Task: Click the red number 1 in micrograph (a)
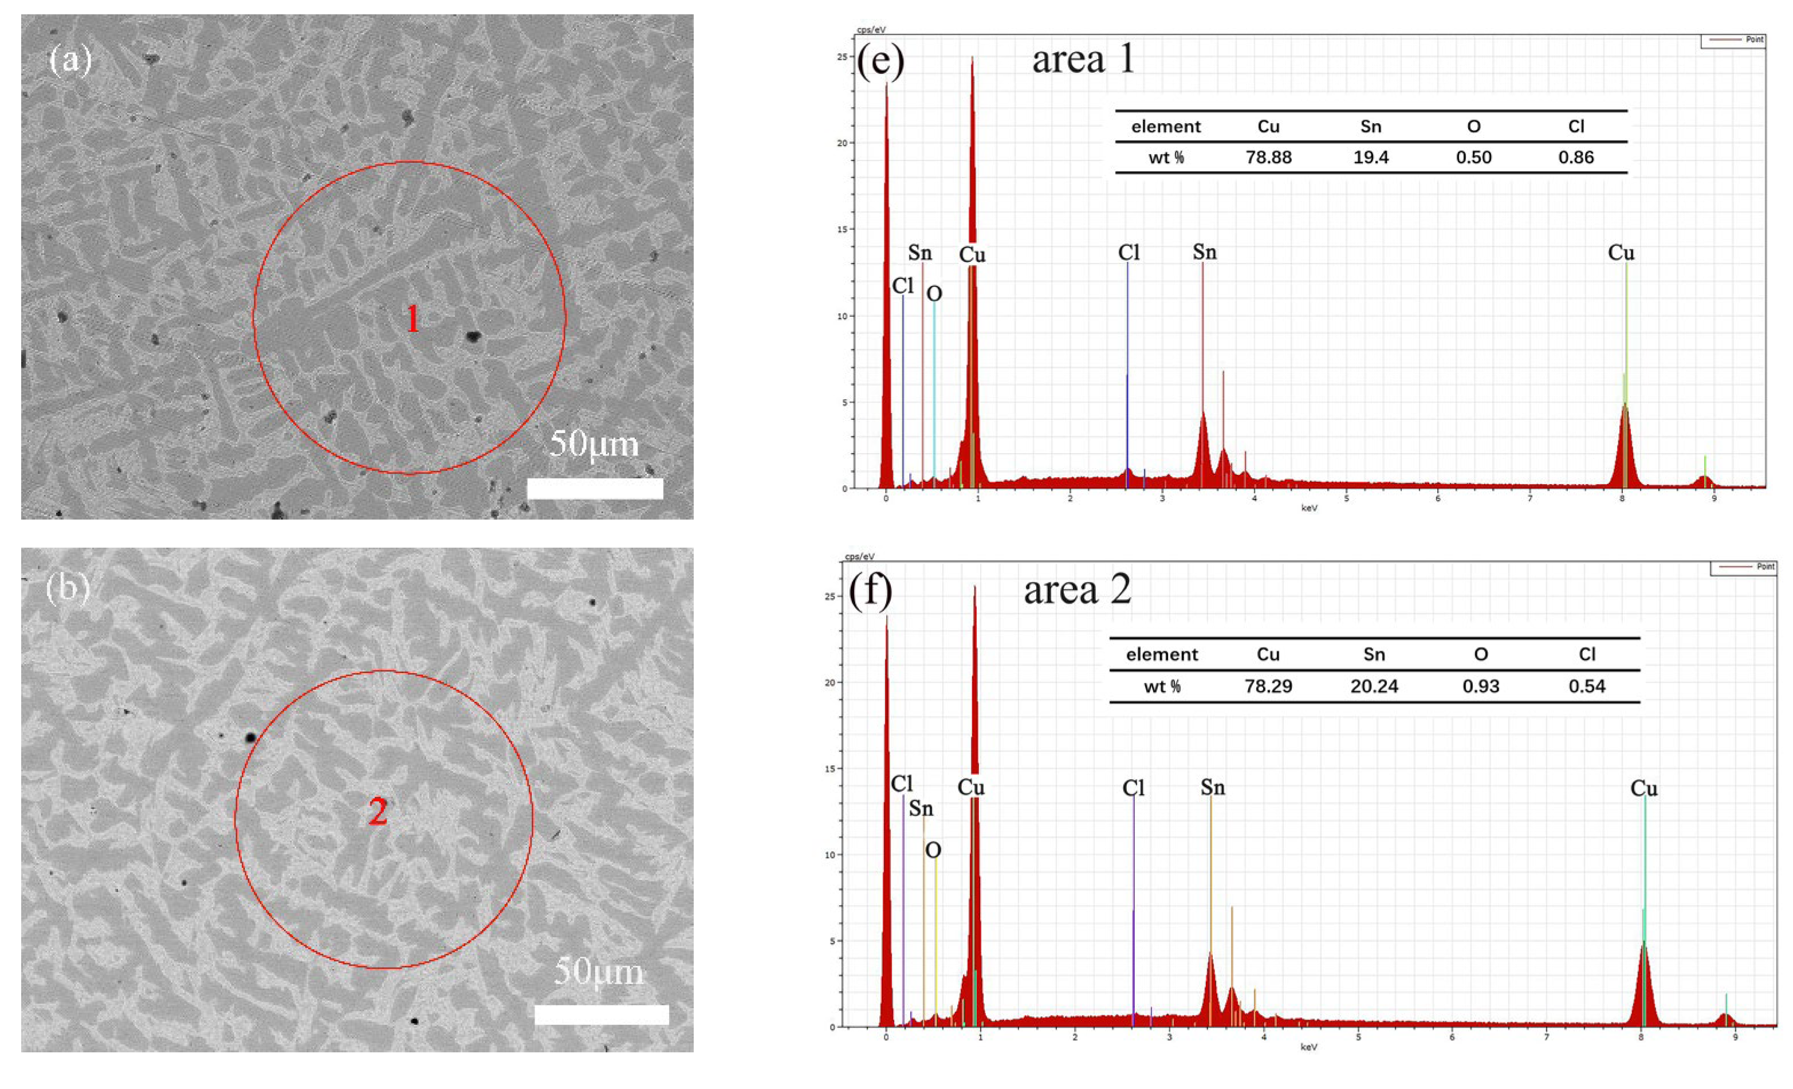(x=412, y=319)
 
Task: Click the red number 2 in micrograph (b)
(x=378, y=812)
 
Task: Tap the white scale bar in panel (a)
(x=595, y=489)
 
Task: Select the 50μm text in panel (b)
(x=599, y=972)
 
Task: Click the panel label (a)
(x=70, y=60)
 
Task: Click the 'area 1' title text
(x=1083, y=60)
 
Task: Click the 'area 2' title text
(x=1077, y=590)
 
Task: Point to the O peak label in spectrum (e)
(x=934, y=294)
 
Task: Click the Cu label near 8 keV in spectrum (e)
(x=1621, y=253)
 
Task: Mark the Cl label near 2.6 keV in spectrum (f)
(x=1134, y=788)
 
